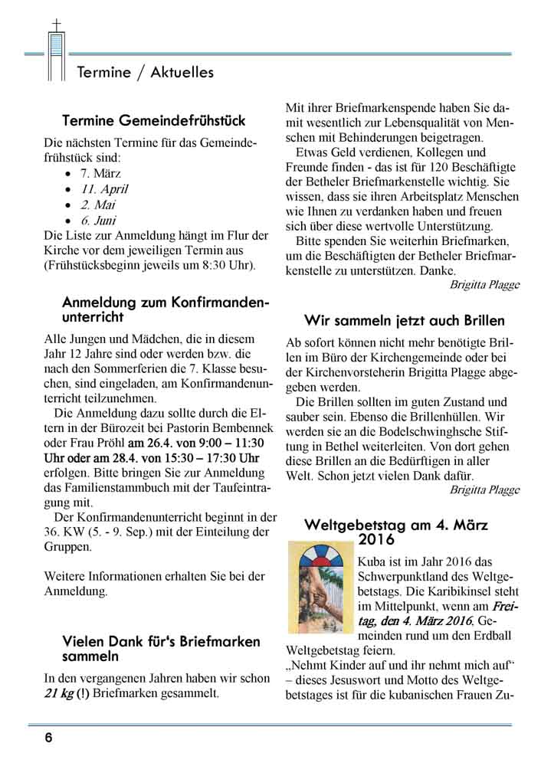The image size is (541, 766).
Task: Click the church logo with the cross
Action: pos(55,51)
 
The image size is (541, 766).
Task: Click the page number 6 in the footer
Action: pos(48,738)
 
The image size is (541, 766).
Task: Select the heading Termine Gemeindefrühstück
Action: pos(153,121)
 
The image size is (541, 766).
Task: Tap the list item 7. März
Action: pos(96,173)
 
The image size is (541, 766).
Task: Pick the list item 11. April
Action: pos(104,188)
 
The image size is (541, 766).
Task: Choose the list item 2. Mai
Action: pos(98,205)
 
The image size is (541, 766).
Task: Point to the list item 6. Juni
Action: pos(99,221)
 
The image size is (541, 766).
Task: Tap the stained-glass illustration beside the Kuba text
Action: pos(319,586)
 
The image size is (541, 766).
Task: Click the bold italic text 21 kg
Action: pos(58,694)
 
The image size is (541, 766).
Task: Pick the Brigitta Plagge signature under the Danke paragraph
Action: pos(484,285)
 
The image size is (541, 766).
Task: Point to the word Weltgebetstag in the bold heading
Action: pos(356,525)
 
